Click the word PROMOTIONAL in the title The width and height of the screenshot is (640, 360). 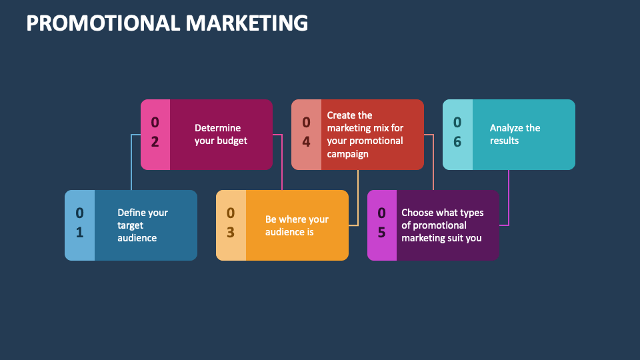coord(103,23)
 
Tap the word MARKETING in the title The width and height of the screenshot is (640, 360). coord(247,23)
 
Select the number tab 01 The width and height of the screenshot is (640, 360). coord(79,225)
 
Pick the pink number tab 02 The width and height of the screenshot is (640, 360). coord(155,135)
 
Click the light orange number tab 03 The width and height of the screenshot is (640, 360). coord(231,225)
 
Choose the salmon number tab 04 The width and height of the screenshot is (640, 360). coord(306,135)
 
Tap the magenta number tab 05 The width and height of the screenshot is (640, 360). coord(382,225)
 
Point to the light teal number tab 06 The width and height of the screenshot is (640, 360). coord(457,135)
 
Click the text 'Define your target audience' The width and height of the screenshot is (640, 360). coord(143,225)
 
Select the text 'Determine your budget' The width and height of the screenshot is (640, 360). coord(221,134)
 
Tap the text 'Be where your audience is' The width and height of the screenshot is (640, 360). coord(297,226)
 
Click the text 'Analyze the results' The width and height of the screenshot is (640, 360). coord(515,134)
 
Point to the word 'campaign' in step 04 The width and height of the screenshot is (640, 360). coord(348,154)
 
